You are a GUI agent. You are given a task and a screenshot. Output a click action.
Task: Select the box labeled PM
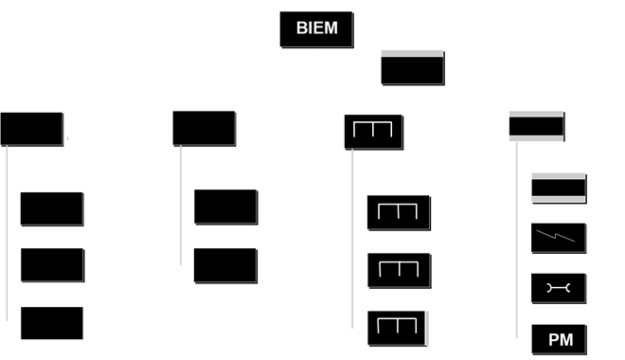tap(558, 340)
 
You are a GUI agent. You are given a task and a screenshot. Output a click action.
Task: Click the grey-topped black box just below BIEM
tap(412, 68)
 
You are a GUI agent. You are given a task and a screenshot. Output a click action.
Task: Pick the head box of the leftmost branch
tap(32, 130)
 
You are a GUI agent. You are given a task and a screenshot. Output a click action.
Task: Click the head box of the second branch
tap(205, 129)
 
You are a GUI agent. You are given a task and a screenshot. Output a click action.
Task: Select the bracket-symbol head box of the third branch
tap(373, 133)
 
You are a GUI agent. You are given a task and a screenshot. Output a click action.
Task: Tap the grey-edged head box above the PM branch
tap(537, 126)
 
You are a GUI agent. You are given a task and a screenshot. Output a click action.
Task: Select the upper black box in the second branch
tap(225, 207)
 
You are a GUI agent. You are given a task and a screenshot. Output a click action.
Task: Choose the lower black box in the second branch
tap(225, 265)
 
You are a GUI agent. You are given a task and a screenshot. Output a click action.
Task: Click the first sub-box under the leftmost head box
tap(52, 208)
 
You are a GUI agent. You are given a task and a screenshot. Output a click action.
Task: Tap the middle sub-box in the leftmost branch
tap(52, 264)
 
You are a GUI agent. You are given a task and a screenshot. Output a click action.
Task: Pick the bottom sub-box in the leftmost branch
tap(52, 322)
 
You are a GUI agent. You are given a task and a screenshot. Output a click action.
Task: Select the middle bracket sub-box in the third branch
tap(399, 271)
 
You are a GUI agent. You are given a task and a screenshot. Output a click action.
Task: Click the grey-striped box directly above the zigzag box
tap(558, 189)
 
